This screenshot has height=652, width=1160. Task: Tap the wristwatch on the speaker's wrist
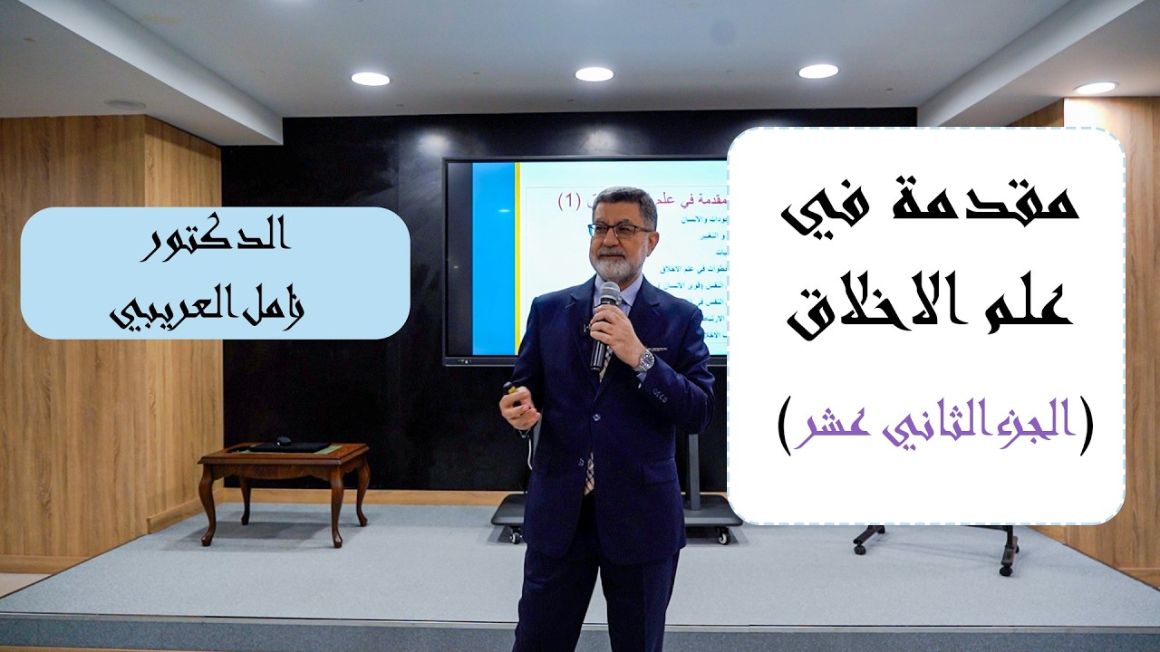[644, 360]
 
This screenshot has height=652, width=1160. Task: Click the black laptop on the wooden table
[289, 446]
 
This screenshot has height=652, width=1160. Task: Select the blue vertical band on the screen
[493, 259]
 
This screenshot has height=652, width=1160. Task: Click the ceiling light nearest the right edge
[1096, 88]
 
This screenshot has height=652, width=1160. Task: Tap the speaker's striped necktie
[590, 466]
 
